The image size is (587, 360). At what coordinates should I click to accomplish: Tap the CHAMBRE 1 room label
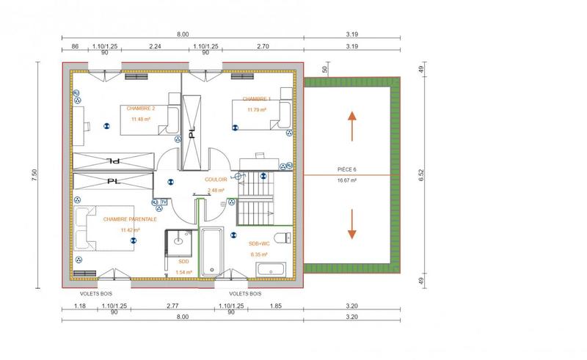(x=256, y=99)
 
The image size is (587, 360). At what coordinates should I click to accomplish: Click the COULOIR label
(x=216, y=179)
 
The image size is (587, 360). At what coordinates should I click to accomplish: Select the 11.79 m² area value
(x=256, y=110)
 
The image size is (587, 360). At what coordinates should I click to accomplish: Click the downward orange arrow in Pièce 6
(x=352, y=224)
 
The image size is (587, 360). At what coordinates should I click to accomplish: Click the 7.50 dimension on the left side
(x=34, y=175)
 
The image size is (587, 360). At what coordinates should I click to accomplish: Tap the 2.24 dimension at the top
(x=155, y=45)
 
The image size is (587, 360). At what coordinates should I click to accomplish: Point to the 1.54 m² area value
(x=183, y=272)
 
